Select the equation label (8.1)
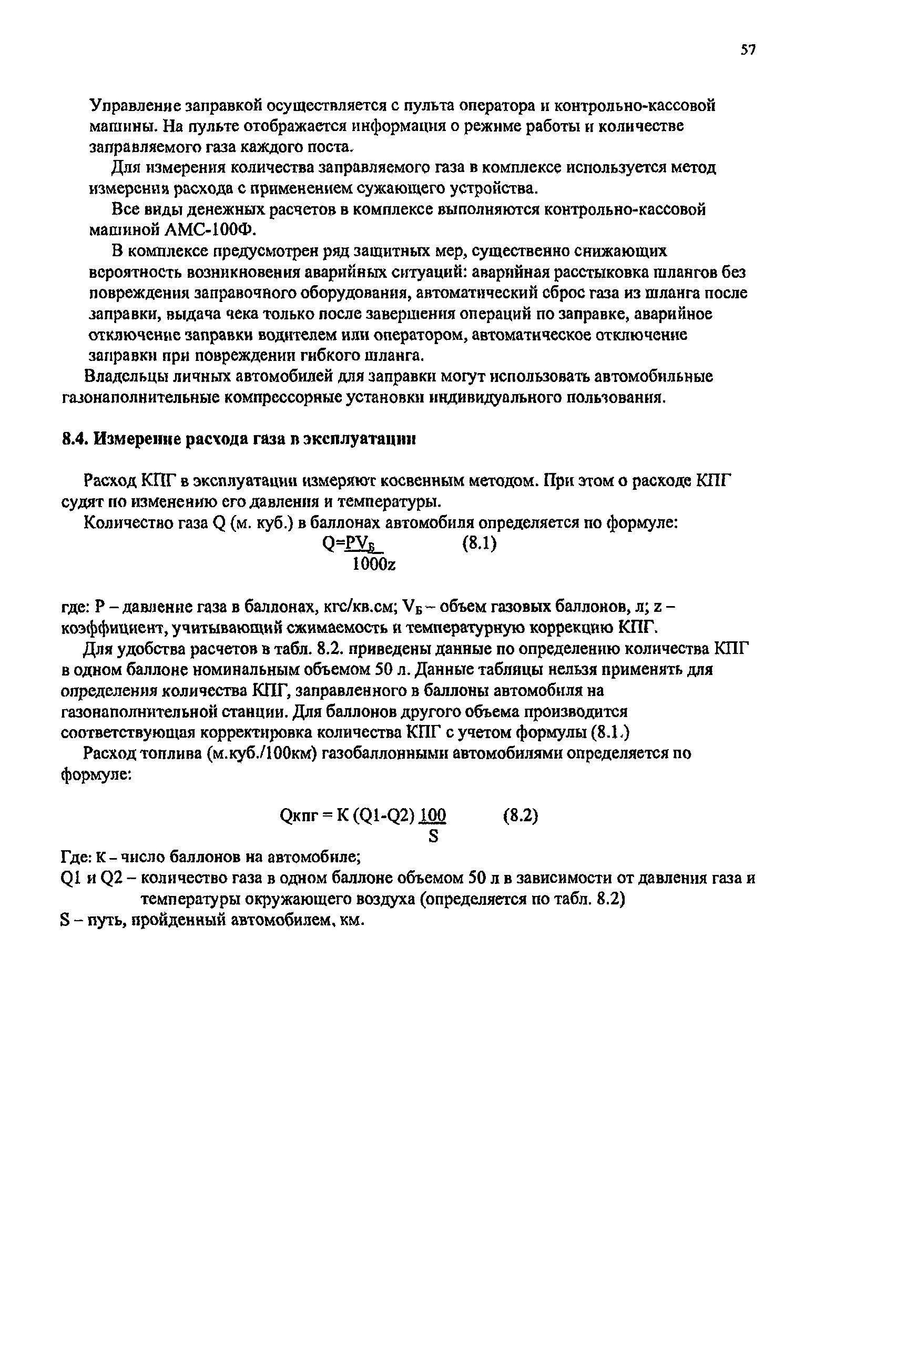(479, 543)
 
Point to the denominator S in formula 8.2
(433, 837)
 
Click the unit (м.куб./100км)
(262, 753)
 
